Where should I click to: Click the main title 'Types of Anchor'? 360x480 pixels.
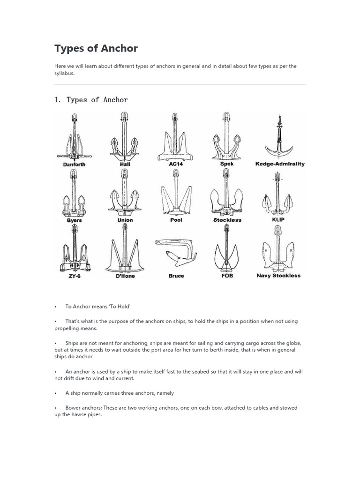[x=96, y=48]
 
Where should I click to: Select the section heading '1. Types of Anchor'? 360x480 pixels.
[x=91, y=99]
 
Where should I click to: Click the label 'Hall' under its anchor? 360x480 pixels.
[x=125, y=165]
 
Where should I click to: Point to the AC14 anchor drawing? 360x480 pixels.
[x=175, y=137]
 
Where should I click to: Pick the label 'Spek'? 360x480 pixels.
[x=227, y=164]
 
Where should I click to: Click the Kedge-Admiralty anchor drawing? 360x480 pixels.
[x=279, y=137]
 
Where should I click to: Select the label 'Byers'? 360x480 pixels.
[x=74, y=220]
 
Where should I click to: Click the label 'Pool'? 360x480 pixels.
[x=176, y=220]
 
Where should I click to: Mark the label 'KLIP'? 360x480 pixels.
[x=278, y=219]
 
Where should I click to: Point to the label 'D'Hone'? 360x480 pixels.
[x=125, y=276]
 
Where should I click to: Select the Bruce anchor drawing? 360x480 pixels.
[x=176, y=253]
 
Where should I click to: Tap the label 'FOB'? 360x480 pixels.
[x=227, y=276]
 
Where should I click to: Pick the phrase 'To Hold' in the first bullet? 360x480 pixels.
[x=119, y=306]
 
